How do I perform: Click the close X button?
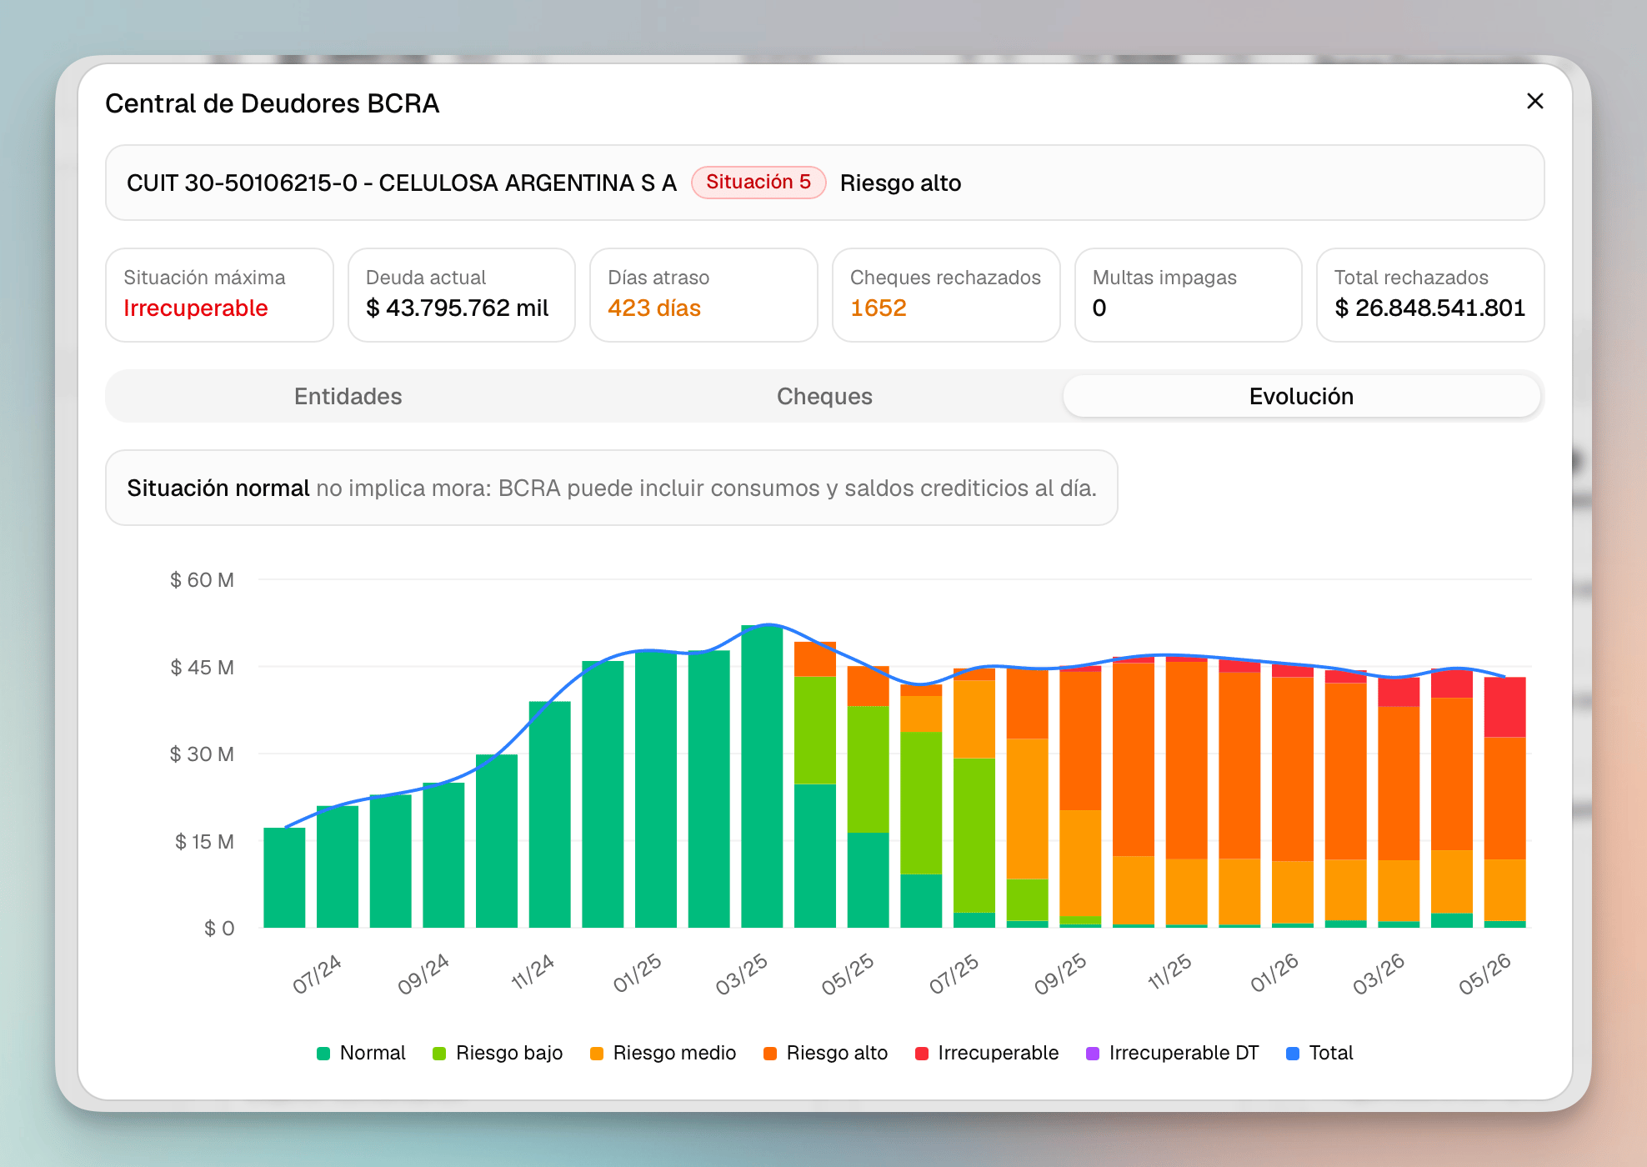1534,101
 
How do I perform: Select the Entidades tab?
348,396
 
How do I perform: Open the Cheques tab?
824,396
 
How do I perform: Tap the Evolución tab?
1301,396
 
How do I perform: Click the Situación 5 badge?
758,182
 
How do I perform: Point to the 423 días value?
654,308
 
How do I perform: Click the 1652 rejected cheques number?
879,308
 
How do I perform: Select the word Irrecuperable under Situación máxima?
196,308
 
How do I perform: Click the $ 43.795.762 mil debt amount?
458,308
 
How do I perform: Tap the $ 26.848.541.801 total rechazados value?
1430,308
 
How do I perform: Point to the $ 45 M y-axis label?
202,667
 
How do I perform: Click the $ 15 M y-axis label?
204,841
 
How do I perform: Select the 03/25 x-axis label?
742,974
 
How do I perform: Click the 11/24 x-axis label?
533,972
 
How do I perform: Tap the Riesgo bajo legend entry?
498,1053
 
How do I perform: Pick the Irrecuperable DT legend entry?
1173,1053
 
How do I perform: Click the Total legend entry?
1319,1053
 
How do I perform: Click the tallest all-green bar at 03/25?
762,776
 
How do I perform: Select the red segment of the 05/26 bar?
1504,707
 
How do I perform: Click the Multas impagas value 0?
1099,308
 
